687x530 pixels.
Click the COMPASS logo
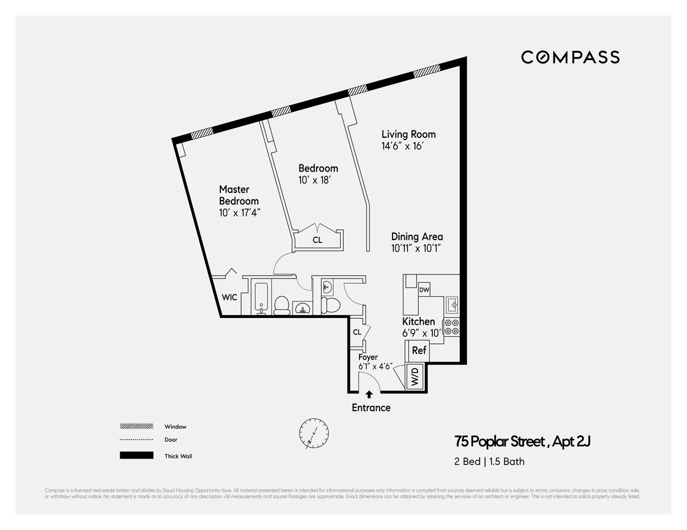coord(570,57)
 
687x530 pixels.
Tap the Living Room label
coord(408,134)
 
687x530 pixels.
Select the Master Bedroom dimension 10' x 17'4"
coord(239,213)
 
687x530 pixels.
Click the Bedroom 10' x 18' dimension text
coord(315,180)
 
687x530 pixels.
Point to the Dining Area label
coord(417,237)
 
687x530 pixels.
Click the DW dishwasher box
coord(424,290)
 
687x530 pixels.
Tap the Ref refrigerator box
coord(419,350)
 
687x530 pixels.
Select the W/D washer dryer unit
coord(415,376)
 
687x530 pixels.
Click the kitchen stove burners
coord(451,326)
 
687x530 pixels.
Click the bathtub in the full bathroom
coord(260,298)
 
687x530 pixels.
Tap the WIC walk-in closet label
coord(230,297)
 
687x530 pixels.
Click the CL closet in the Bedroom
coord(317,240)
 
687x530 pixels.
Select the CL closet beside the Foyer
coord(357,332)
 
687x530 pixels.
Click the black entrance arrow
coord(369,394)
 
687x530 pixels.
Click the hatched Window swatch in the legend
coord(136,427)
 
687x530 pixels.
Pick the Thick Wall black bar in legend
coord(136,456)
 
